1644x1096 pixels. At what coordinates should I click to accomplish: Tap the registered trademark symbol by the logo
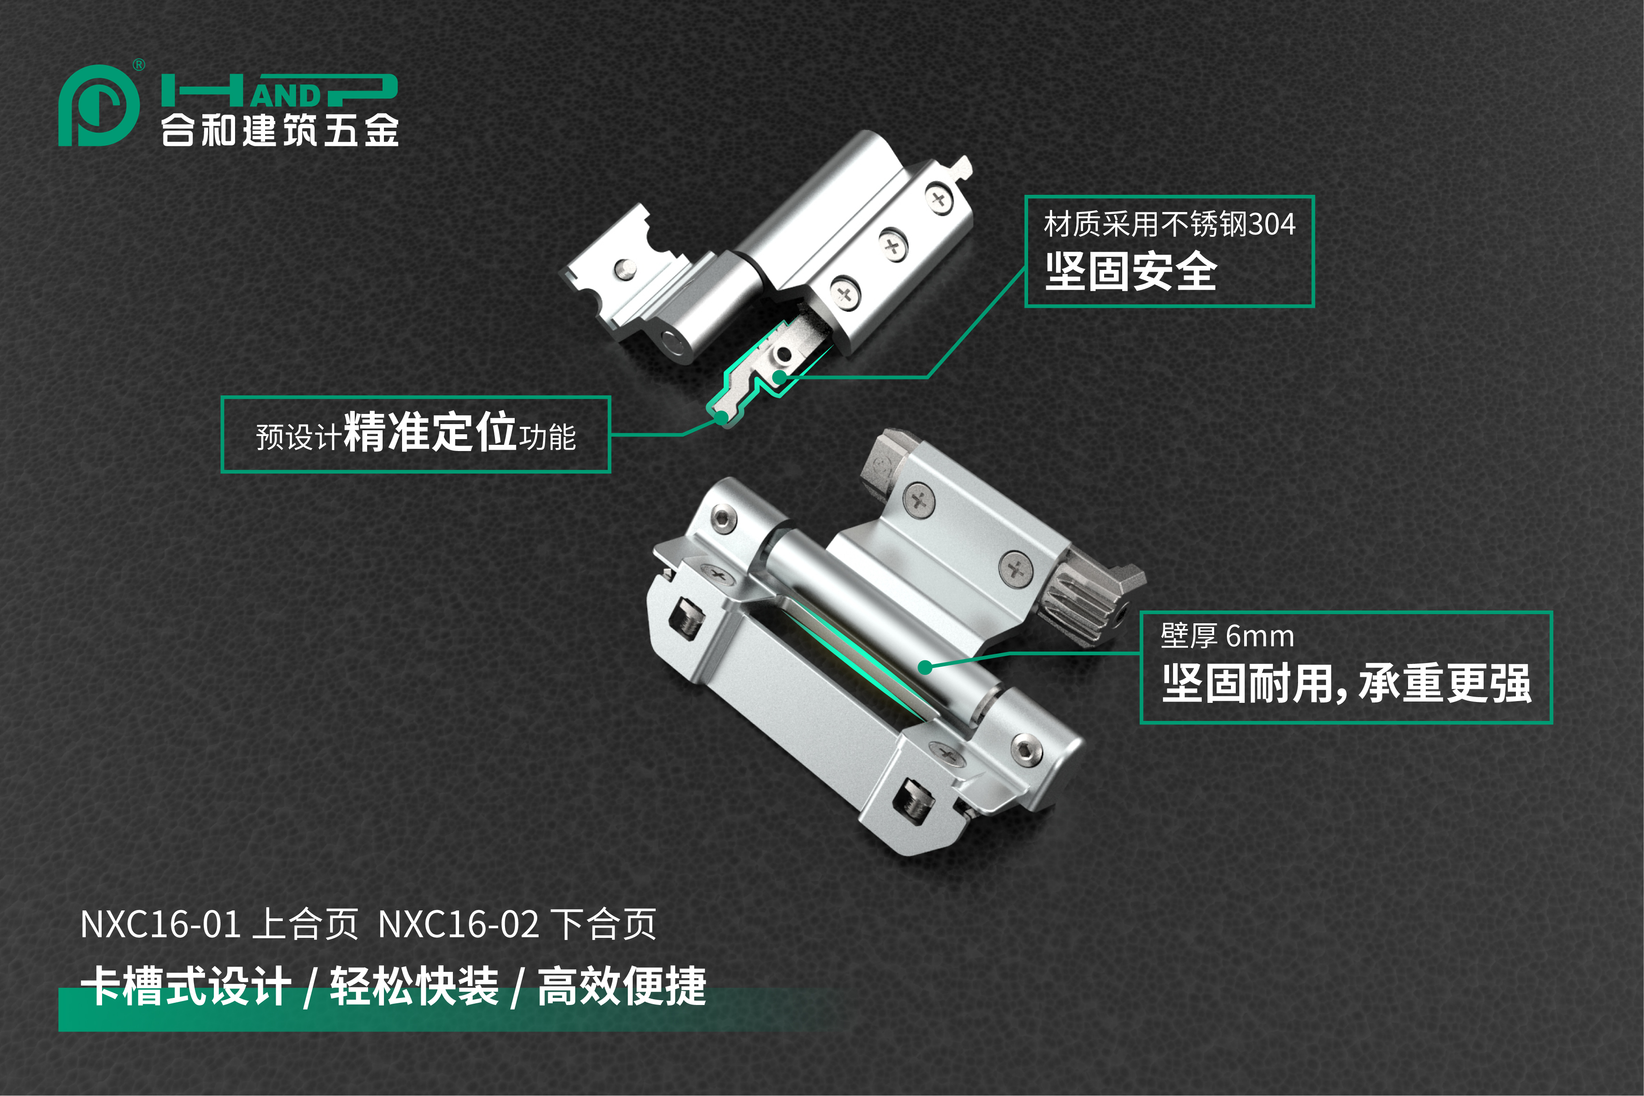[x=139, y=65]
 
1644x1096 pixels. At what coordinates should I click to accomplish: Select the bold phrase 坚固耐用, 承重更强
[x=1346, y=683]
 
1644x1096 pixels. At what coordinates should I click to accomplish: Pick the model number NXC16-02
[x=459, y=924]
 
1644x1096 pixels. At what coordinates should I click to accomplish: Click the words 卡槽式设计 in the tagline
[x=186, y=986]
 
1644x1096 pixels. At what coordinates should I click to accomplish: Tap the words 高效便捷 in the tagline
[x=622, y=986]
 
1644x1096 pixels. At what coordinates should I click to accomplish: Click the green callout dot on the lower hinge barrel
[x=925, y=667]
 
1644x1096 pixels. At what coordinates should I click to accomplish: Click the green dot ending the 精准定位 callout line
[x=722, y=418]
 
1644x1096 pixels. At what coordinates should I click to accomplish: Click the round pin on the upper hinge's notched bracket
[x=624, y=269]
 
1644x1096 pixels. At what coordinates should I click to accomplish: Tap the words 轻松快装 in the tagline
[x=414, y=986]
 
